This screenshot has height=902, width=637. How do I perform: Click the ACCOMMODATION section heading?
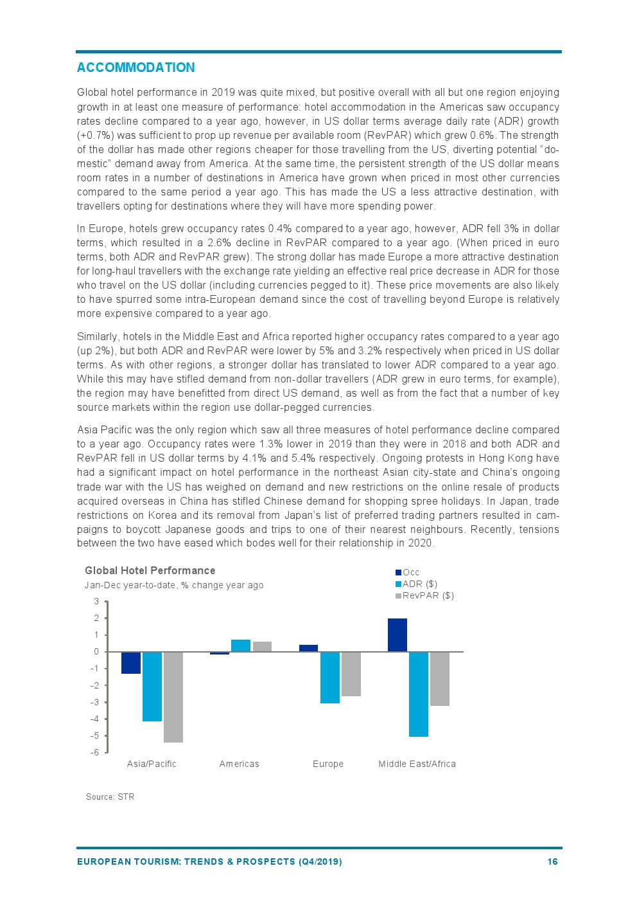[135, 68]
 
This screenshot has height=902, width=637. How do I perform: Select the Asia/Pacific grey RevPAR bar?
[173, 697]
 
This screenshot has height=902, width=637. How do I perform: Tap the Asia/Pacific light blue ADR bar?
[152, 687]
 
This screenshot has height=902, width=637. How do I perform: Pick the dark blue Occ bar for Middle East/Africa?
[397, 635]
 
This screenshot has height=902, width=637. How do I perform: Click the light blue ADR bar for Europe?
[330, 678]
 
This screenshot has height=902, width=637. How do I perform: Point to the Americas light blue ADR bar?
[241, 645]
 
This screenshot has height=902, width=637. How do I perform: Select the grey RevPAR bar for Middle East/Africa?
[440, 679]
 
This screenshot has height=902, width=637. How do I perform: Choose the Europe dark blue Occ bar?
[308, 648]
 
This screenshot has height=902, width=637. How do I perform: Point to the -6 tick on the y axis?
[95, 752]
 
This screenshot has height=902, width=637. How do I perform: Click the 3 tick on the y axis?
[97, 602]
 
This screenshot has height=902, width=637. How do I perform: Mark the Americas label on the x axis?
[239, 764]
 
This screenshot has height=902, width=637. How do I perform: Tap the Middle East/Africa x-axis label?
[417, 764]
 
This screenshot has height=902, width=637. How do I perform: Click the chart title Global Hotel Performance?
[150, 570]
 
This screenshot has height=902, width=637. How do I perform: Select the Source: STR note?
[110, 797]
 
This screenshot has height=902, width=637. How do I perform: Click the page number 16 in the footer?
[552, 861]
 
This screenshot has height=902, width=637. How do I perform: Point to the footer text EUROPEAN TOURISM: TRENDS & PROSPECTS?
[209, 861]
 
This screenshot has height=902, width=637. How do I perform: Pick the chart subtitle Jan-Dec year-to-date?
[173, 585]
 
